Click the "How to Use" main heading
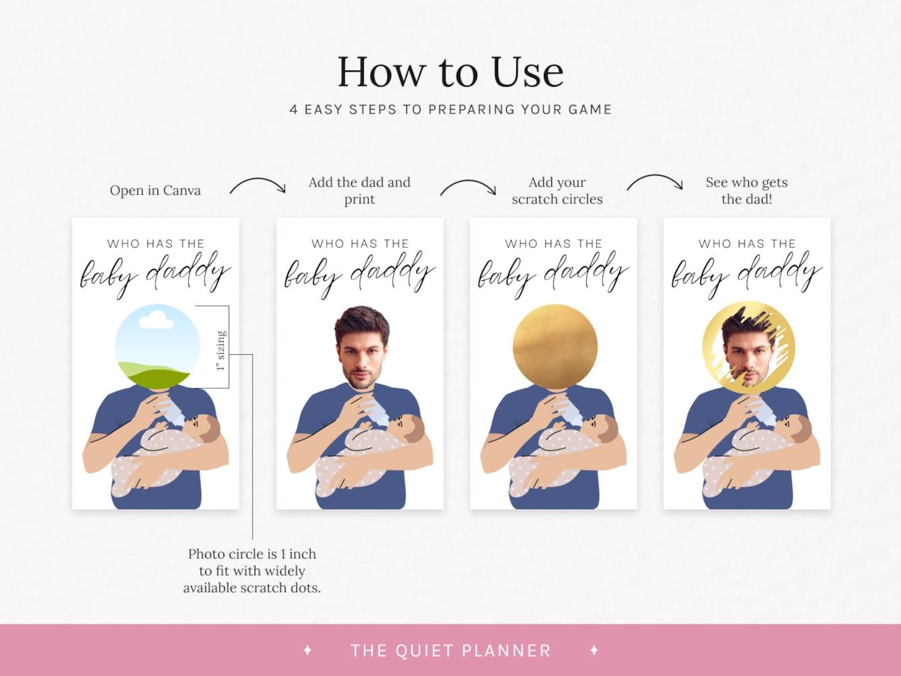450,72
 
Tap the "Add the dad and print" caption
359,191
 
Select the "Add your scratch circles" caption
557,191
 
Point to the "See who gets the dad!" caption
746,191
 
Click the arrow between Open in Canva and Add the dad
258,186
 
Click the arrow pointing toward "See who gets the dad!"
655,182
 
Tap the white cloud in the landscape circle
156,318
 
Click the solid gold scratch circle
554,347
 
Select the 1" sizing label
221,350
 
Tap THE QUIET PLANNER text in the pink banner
450,650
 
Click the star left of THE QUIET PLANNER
308,650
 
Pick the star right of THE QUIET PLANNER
594,650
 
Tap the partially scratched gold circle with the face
748,347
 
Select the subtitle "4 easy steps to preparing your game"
450,110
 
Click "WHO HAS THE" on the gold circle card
553,243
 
